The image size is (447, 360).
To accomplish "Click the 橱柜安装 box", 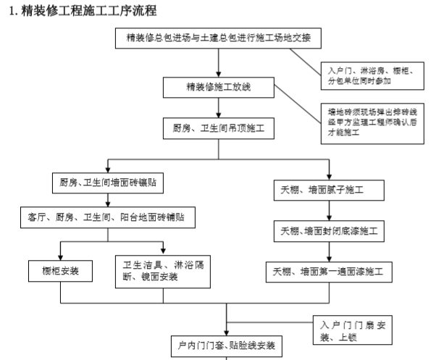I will [x=61, y=271].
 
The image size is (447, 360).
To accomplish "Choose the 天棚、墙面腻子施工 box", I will [x=329, y=191].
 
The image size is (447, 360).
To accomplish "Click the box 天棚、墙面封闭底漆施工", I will [x=329, y=232].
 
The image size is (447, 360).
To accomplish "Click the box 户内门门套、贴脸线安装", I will [x=227, y=346].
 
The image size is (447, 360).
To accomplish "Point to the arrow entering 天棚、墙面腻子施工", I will [x=329, y=169].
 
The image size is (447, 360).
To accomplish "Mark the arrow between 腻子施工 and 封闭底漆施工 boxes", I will [x=329, y=212].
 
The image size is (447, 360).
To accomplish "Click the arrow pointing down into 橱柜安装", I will [x=61, y=251].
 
